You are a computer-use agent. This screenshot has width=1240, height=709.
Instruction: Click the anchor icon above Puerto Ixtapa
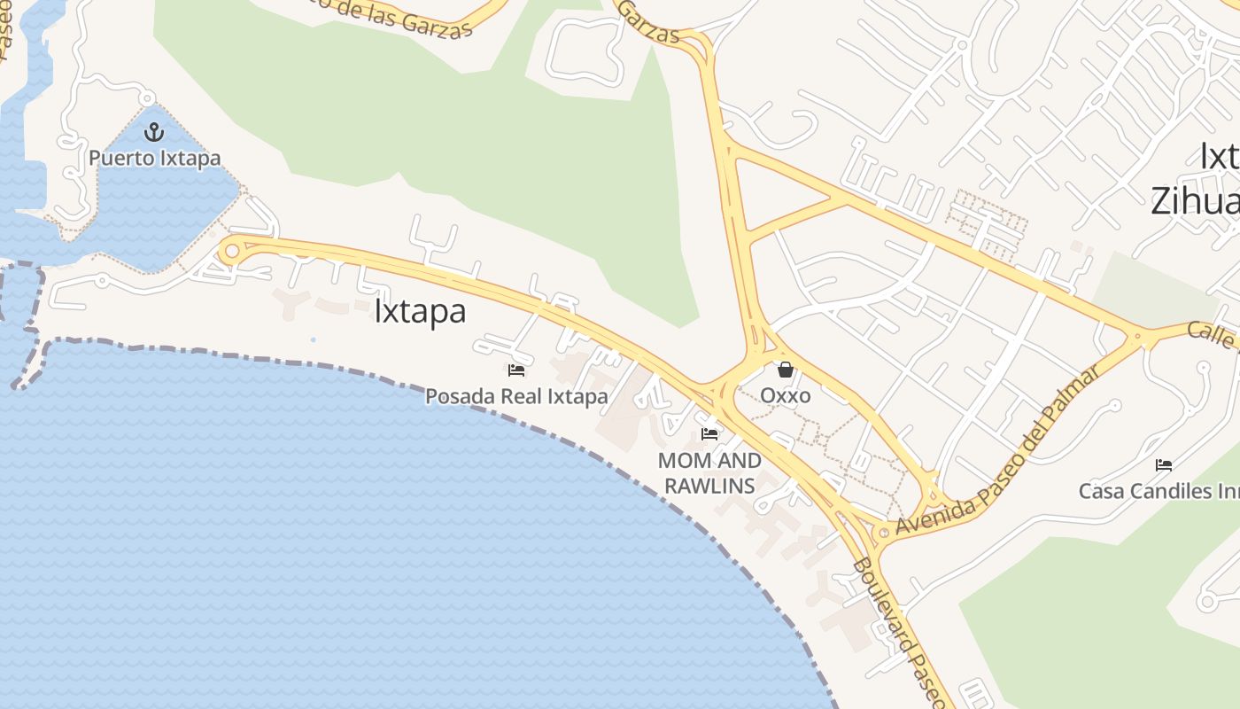click(155, 133)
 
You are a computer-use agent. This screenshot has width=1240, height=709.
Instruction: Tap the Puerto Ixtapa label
click(154, 159)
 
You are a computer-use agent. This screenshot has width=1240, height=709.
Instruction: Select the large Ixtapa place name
click(420, 312)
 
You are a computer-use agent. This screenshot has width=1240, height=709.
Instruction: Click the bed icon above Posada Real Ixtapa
click(516, 370)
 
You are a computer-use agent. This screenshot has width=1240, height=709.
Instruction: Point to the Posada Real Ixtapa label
click(516, 396)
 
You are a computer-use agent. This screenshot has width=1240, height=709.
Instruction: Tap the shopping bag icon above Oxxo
click(785, 370)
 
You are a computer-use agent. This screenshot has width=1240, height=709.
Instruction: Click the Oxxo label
click(785, 395)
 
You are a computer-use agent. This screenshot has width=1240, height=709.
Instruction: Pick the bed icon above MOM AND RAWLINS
click(709, 433)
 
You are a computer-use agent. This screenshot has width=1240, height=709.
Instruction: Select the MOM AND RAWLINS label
click(709, 472)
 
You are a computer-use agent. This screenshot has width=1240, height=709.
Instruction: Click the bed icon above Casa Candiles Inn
click(1164, 464)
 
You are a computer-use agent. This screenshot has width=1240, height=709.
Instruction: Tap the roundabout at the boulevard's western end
click(232, 251)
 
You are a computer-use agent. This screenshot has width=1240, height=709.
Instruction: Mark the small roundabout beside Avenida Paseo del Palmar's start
click(882, 534)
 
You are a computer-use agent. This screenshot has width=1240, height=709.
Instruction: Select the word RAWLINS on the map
click(709, 486)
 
